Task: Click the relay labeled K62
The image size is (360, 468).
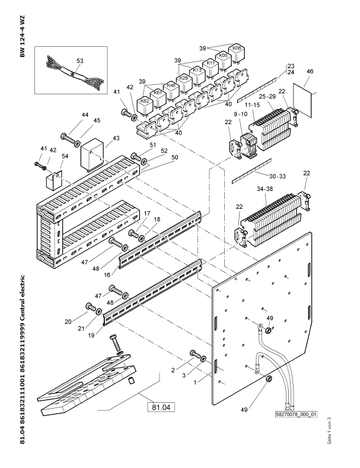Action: click(145, 101)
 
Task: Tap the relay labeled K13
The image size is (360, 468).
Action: click(197, 71)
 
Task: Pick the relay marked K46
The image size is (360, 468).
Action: click(171, 85)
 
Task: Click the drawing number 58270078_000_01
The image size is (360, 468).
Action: click(297, 415)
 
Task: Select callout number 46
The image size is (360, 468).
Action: click(309, 72)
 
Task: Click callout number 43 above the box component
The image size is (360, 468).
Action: click(116, 138)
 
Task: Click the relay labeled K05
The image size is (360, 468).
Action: click(223, 55)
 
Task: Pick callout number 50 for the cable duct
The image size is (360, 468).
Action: click(158, 158)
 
